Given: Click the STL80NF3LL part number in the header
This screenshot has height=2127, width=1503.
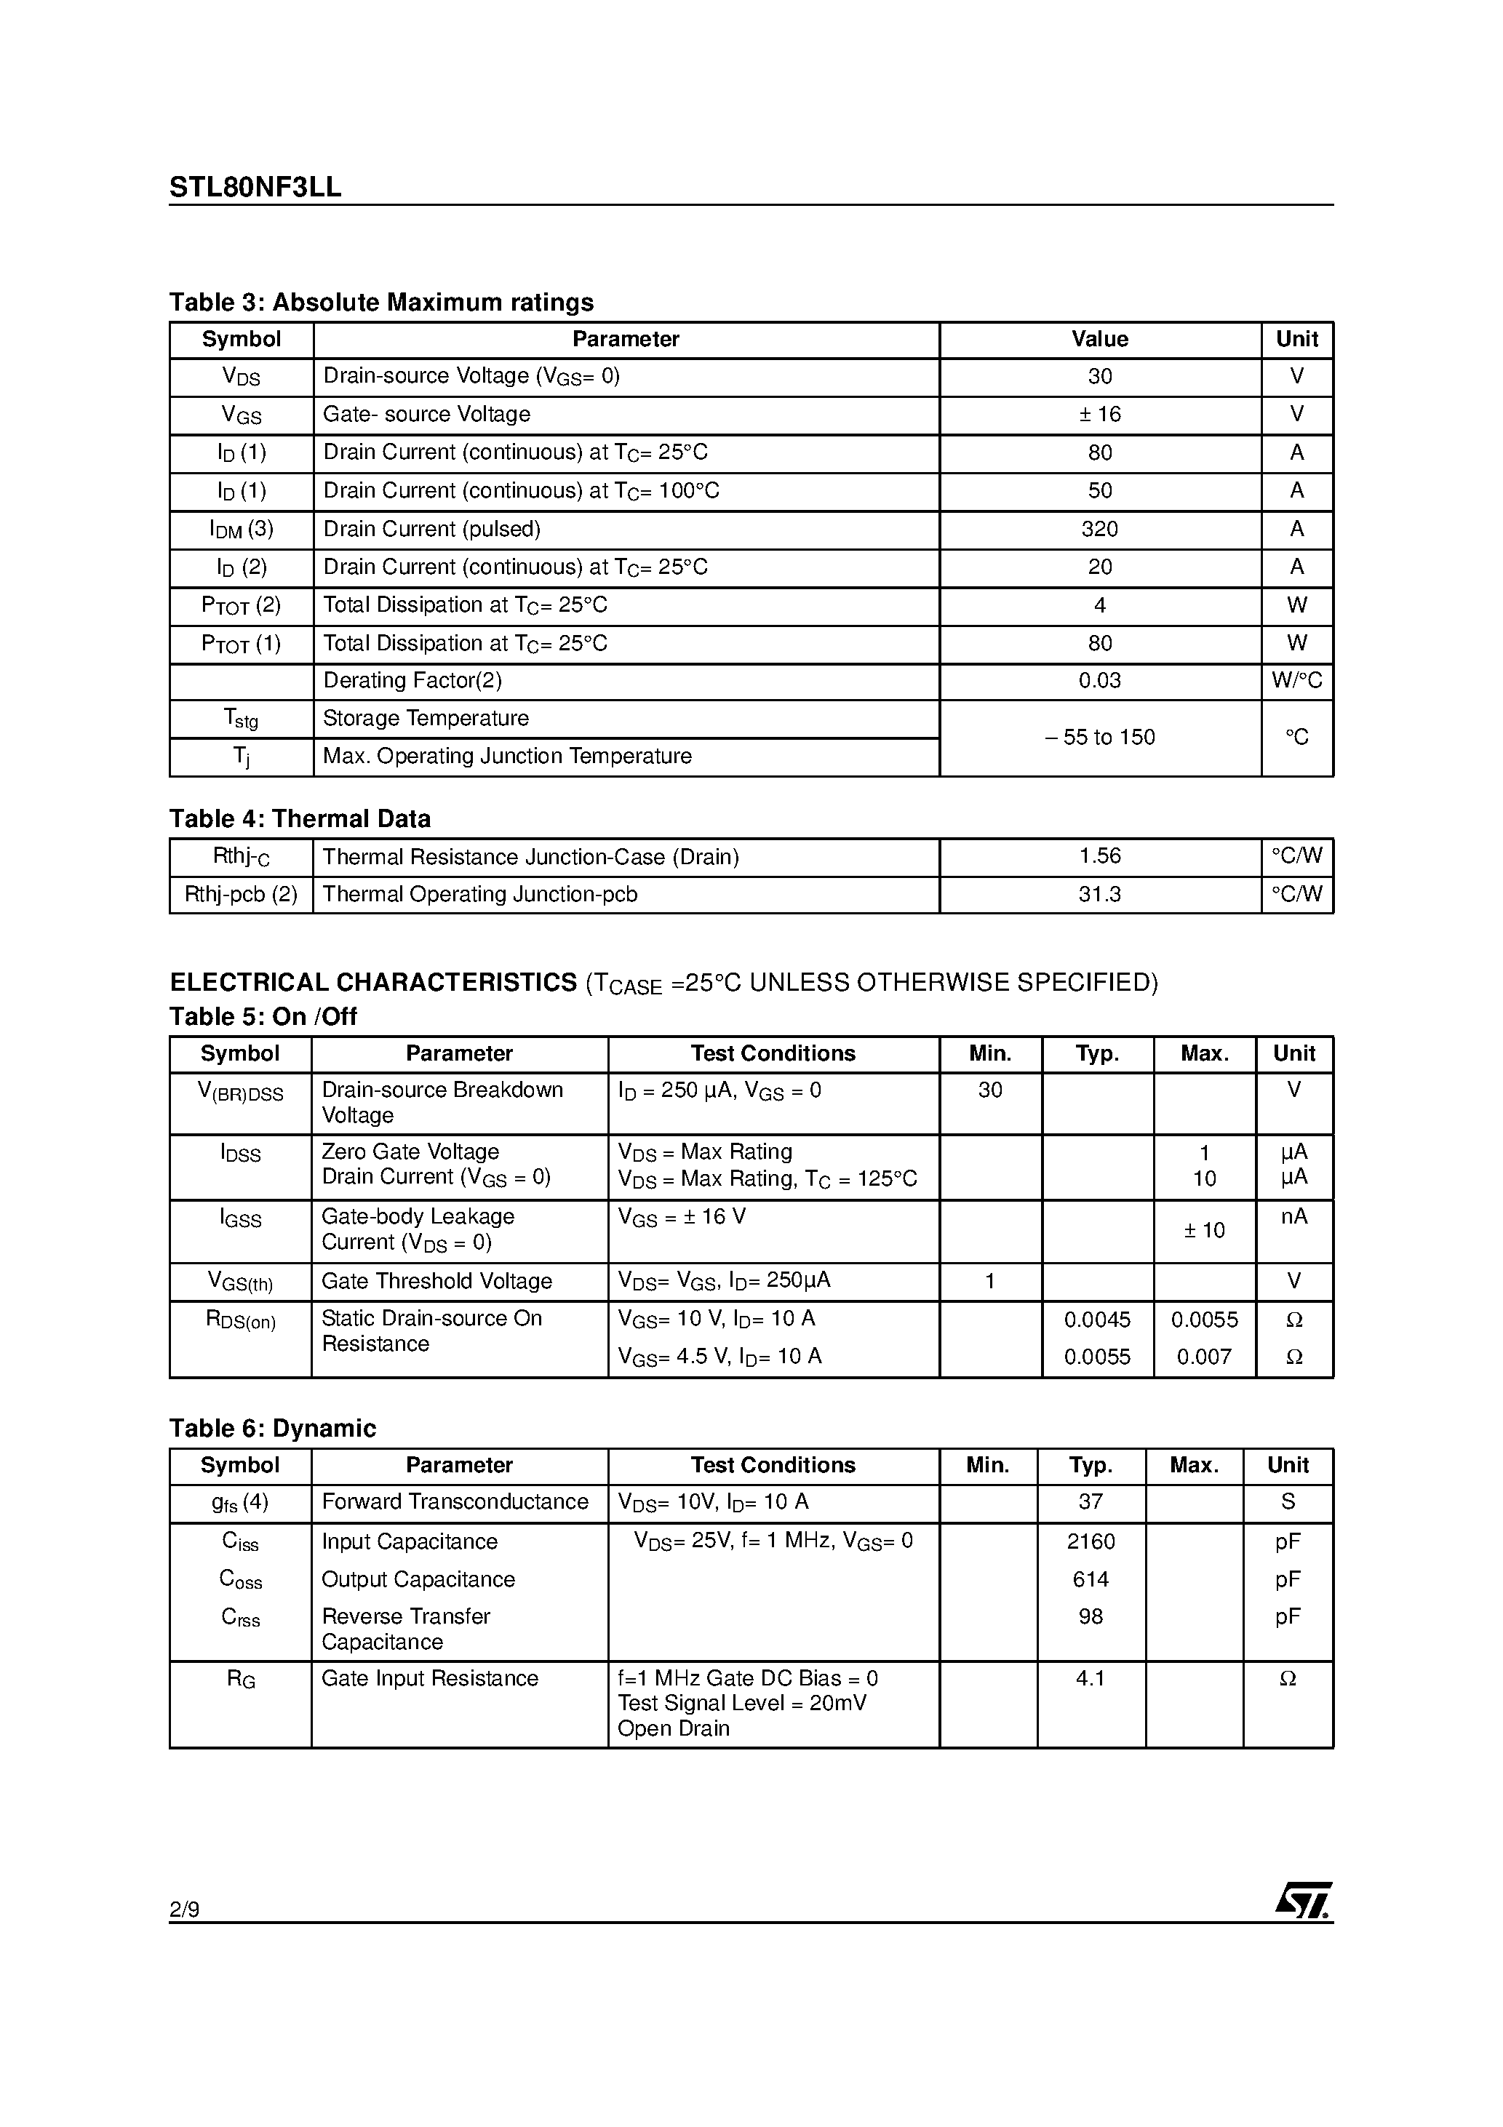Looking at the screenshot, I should click(255, 187).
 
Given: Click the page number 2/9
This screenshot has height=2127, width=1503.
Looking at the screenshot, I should click(183, 1909).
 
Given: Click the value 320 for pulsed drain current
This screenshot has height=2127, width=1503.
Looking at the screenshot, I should click(1099, 529).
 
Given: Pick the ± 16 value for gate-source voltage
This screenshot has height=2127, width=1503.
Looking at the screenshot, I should click(1099, 414).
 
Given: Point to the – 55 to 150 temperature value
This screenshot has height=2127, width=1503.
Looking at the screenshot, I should click(1099, 738).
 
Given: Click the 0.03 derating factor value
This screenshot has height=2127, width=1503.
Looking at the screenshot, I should click(1099, 681).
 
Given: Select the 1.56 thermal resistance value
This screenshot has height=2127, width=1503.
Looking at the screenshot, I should click(1099, 857).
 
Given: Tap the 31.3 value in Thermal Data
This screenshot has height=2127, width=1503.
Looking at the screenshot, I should click(1099, 895).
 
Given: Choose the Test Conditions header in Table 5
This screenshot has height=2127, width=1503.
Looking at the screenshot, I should click(772, 1054).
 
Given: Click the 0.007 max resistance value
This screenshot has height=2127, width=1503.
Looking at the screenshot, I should click(1204, 1357).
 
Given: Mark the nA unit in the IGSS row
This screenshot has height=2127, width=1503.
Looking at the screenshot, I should click(1293, 1216).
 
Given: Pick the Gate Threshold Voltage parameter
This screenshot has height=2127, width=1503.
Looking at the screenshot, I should click(436, 1281).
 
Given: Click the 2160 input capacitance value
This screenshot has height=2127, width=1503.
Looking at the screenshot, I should click(1091, 1541).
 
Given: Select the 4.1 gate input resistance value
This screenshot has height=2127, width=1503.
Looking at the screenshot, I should click(1091, 1679).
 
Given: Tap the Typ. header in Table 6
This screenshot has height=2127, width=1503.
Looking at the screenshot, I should click(1091, 1466).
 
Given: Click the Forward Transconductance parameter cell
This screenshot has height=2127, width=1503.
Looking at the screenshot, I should click(454, 1501).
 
